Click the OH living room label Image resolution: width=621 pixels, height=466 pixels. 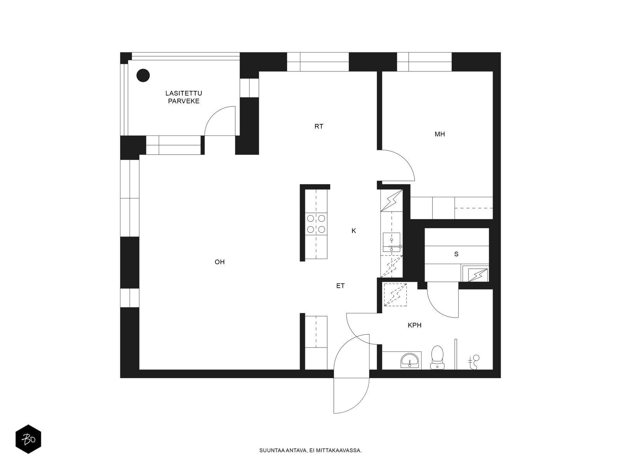[x=220, y=262]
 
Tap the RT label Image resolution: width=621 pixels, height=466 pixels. [x=319, y=127]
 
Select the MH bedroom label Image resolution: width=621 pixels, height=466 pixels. [x=440, y=134]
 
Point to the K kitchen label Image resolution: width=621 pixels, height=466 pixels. [x=354, y=231]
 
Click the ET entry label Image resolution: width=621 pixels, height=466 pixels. [x=340, y=286]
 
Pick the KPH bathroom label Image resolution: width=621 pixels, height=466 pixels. [x=415, y=325]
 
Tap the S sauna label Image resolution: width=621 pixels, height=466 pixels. [x=456, y=254]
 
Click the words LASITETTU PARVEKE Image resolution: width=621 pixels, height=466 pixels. [x=184, y=97]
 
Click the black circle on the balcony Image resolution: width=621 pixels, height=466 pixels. [x=143, y=76]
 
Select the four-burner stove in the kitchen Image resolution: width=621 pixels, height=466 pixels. [x=316, y=224]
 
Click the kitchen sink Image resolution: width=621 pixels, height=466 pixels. [x=392, y=242]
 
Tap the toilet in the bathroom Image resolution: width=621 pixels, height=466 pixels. [x=437, y=357]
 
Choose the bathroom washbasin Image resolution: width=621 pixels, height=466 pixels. [x=409, y=361]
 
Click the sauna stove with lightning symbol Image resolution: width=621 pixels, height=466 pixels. [x=477, y=275]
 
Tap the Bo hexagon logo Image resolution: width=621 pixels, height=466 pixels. [x=28, y=439]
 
